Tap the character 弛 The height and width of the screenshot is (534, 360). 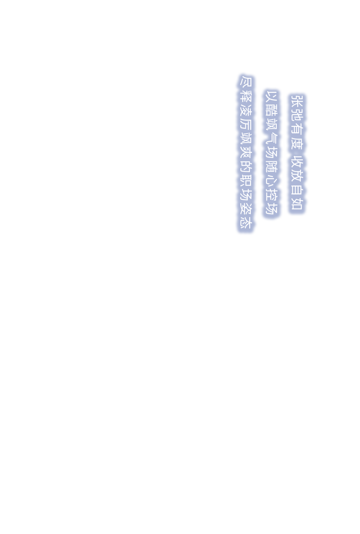tap(296, 114)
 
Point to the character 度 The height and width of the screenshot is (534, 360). tap(296, 143)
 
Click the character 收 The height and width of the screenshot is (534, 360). tap(296, 165)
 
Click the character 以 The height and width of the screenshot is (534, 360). tap(271, 96)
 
